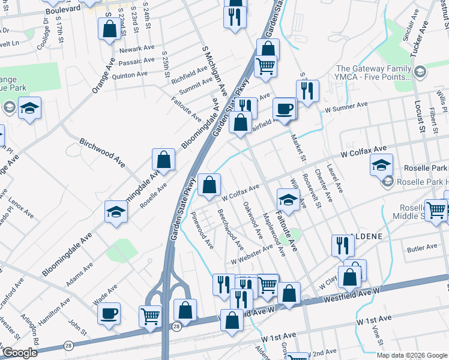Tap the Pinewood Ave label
[202, 230]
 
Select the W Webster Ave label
[252, 256]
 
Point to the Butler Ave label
[422, 247]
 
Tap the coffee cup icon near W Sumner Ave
[285, 109]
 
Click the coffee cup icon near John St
[109, 313]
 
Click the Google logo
[20, 353]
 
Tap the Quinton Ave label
[130, 74]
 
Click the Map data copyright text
[411, 355]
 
